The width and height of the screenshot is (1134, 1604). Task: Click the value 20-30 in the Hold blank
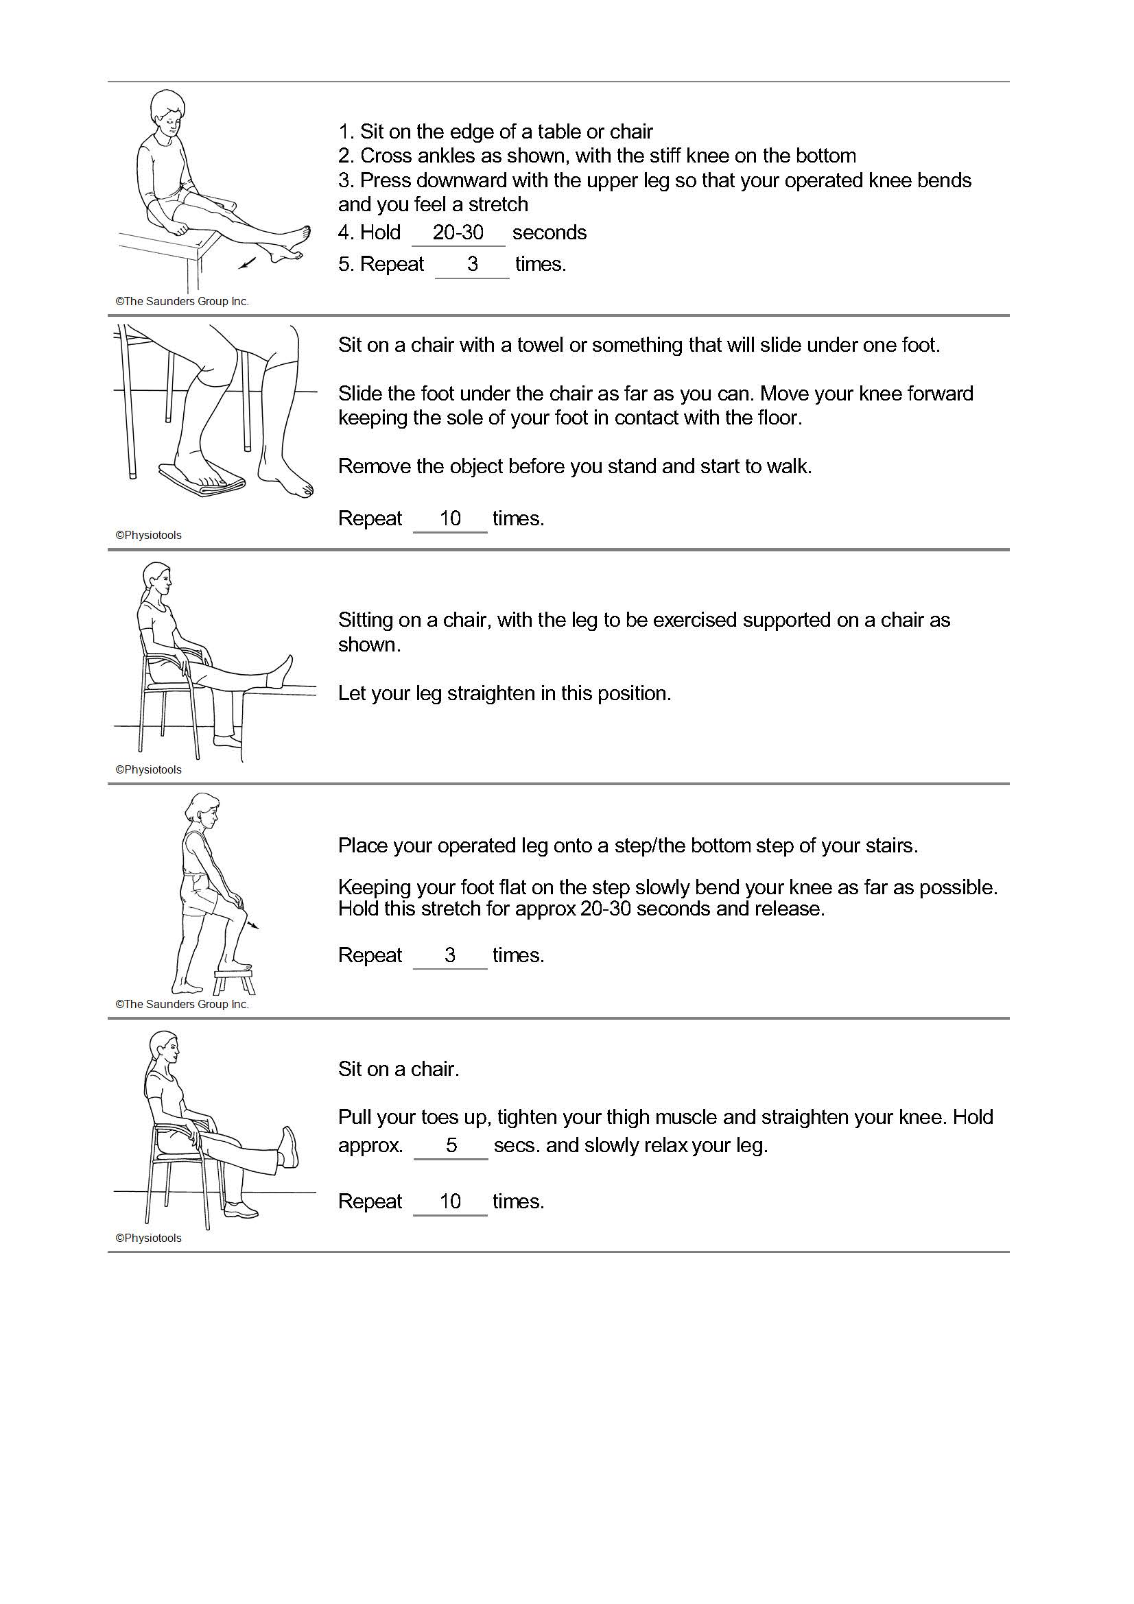pyautogui.click(x=458, y=232)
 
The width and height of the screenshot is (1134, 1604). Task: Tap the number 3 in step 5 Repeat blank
pyautogui.click(x=472, y=264)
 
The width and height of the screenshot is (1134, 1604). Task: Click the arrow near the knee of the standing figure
pyautogui.click(x=253, y=924)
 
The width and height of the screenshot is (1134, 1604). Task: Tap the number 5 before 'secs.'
pyautogui.click(x=451, y=1145)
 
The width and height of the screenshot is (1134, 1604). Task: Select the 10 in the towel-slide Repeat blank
pyautogui.click(x=450, y=518)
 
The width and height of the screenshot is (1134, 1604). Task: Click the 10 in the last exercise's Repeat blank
pyautogui.click(x=450, y=1201)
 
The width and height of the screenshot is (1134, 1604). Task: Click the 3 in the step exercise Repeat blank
pyautogui.click(x=450, y=955)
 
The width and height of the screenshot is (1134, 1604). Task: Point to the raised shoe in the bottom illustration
pyautogui.click(x=288, y=1147)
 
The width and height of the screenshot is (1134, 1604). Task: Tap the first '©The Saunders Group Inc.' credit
pyautogui.click(x=182, y=302)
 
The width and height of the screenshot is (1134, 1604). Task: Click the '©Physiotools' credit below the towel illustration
pyautogui.click(x=148, y=535)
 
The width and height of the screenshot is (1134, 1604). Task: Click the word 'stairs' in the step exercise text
pyautogui.click(x=890, y=846)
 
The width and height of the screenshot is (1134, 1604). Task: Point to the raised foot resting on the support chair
pyautogui.click(x=281, y=672)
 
